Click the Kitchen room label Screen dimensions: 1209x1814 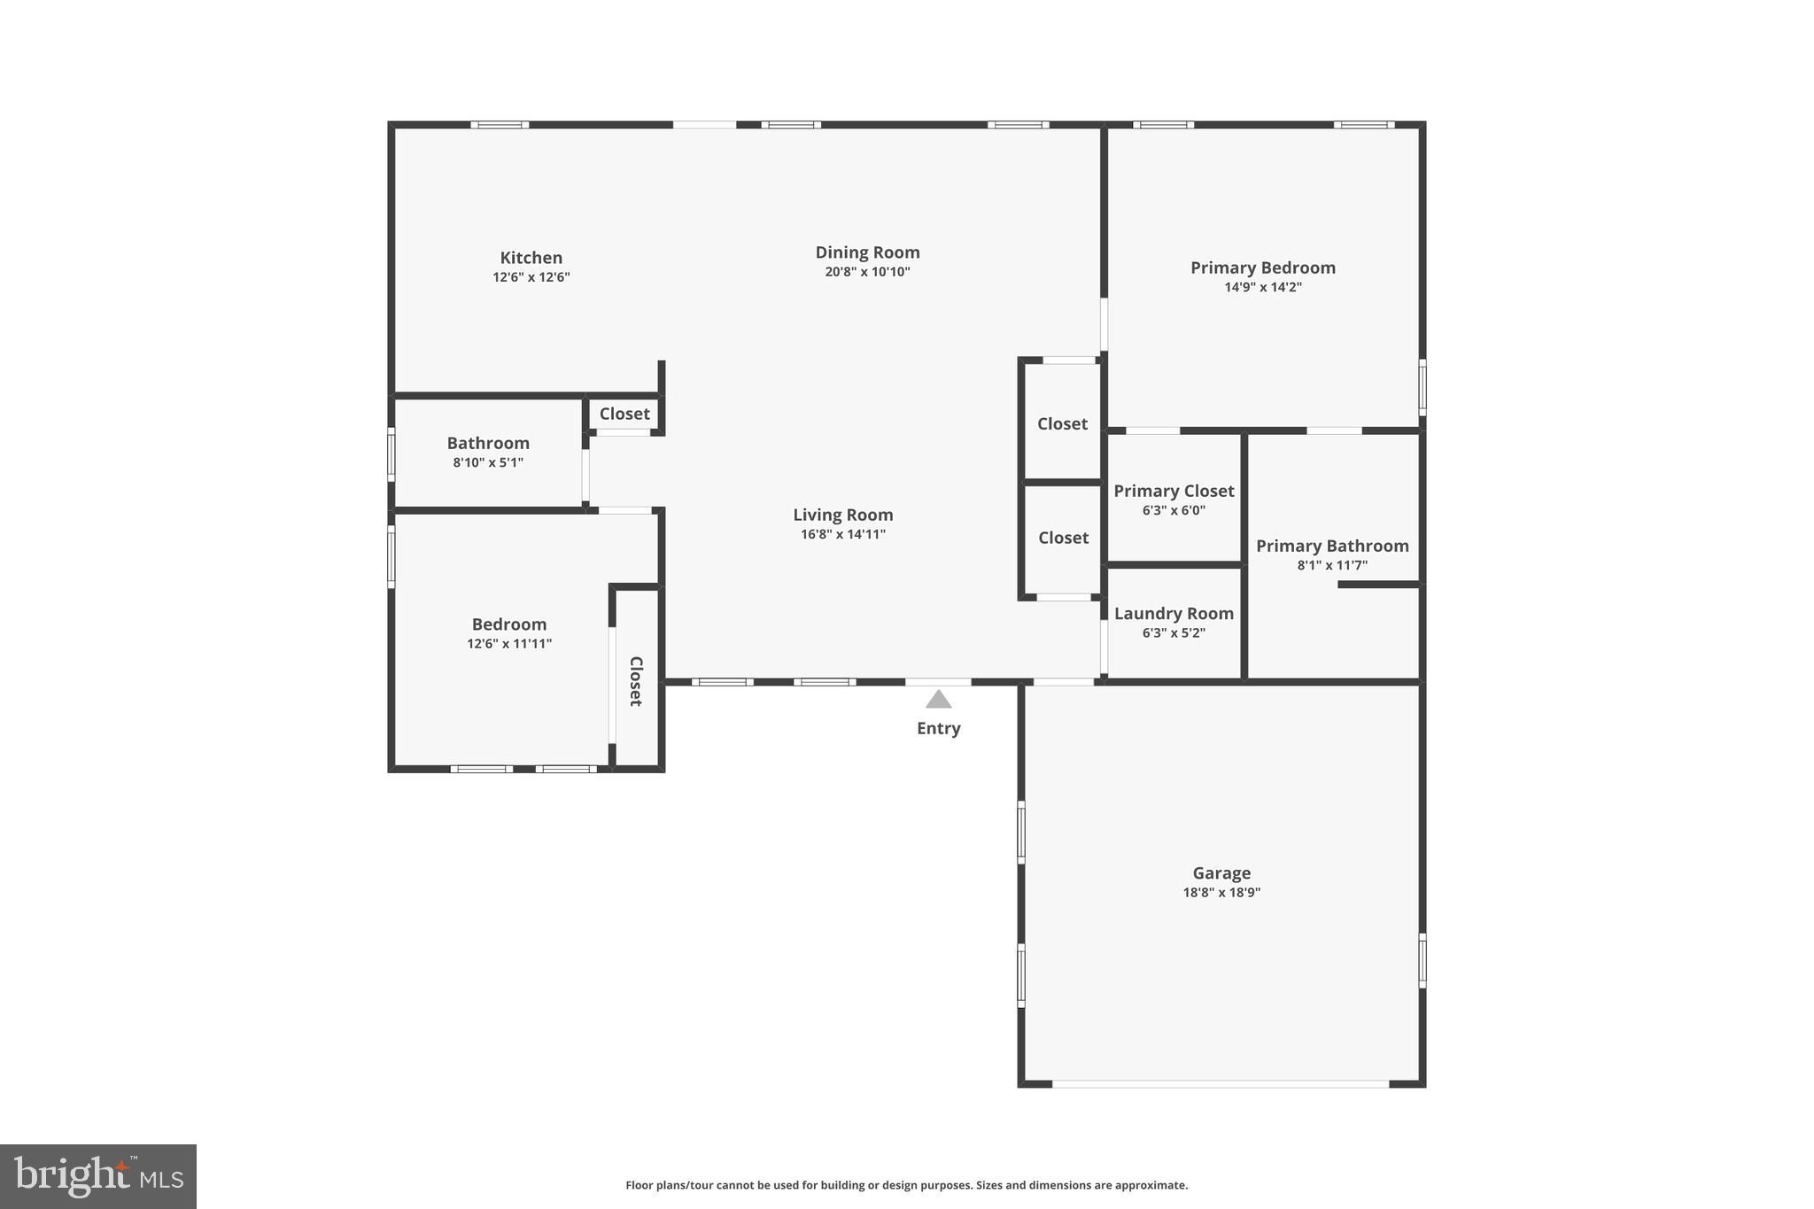tap(531, 258)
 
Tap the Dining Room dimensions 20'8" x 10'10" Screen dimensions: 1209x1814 tap(867, 272)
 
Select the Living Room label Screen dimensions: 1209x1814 tap(842, 515)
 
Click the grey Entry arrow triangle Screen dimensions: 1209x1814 tap(938, 700)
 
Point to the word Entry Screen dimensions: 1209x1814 tap(938, 728)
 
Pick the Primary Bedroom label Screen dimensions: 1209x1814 tap(1262, 267)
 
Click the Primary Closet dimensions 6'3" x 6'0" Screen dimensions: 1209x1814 tap(1174, 510)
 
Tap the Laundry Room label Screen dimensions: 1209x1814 tap(1174, 613)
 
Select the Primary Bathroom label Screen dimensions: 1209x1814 tap(1331, 546)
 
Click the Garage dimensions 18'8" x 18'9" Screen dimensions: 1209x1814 tap(1221, 893)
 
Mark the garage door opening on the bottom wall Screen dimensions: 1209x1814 tap(1221, 1083)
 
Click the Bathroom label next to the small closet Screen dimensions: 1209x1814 tap(488, 443)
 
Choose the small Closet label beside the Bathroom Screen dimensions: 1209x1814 tap(624, 414)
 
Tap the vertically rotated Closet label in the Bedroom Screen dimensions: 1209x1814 tap(636, 681)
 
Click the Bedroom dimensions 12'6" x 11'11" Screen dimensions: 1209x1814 tap(509, 644)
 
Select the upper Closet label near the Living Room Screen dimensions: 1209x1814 tap(1062, 423)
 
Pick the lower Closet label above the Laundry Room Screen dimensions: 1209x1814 tap(1063, 538)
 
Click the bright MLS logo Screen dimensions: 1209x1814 tap(98, 1176)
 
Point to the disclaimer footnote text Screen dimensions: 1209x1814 tap(906, 1185)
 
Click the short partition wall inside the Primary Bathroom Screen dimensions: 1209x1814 tap(1378, 585)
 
